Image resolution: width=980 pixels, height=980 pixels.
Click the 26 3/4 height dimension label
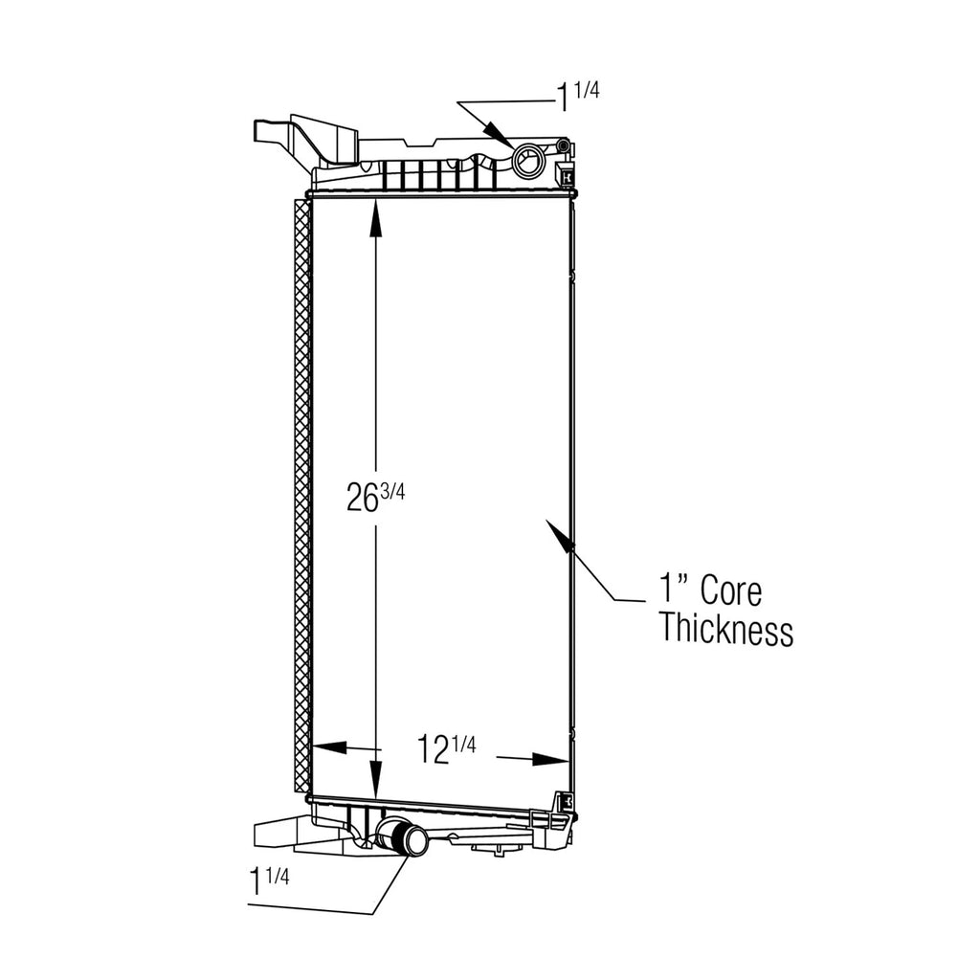(x=375, y=498)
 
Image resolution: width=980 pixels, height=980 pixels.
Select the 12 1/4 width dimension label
(x=446, y=748)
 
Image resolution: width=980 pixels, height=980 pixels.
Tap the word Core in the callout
(x=730, y=590)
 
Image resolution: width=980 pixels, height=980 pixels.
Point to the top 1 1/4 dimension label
(x=578, y=97)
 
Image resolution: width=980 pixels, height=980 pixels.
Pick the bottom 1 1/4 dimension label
(x=269, y=880)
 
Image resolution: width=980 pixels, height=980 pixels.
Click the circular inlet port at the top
(x=528, y=162)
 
